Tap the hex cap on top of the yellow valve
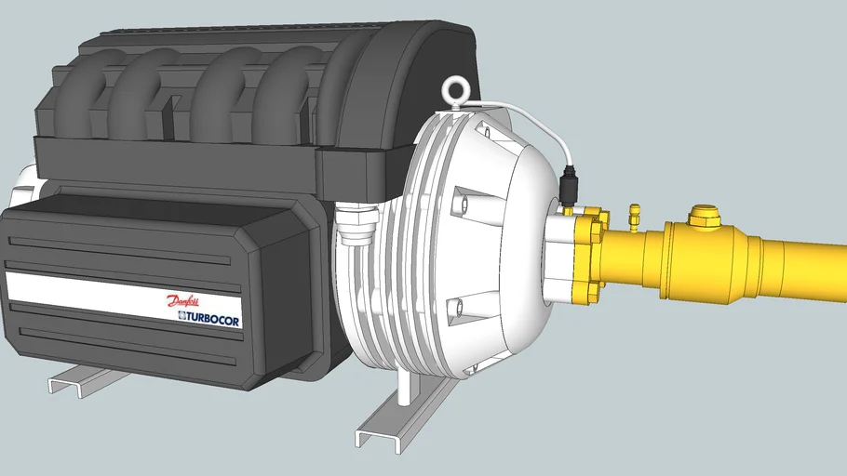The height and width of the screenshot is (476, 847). [704, 218]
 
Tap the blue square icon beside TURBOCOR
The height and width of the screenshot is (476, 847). [172, 317]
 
